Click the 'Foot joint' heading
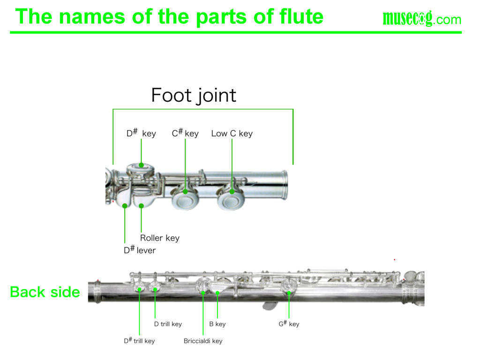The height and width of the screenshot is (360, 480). [x=194, y=96]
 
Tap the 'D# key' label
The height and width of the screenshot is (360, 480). [x=141, y=134]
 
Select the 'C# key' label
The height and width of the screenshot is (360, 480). [x=185, y=134]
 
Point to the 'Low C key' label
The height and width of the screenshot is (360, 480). [x=232, y=134]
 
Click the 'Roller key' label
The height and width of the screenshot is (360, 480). [x=159, y=238]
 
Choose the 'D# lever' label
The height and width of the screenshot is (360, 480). [x=140, y=250]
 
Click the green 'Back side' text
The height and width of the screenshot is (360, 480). [x=45, y=292]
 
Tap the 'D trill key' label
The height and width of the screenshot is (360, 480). [x=168, y=324]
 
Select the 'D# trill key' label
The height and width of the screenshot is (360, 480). [x=139, y=341]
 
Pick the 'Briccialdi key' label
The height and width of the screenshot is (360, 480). [x=203, y=341]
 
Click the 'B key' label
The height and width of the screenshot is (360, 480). [x=217, y=324]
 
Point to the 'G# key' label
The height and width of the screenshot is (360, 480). [x=289, y=324]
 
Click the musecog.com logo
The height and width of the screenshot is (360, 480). [x=422, y=19]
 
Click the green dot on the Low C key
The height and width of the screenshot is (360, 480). [x=232, y=191]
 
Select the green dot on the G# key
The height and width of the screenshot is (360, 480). [x=289, y=293]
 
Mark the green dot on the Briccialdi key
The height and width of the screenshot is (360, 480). [x=203, y=293]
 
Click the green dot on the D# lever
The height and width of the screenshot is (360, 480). [x=125, y=205]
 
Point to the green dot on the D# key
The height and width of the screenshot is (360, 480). [x=141, y=165]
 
